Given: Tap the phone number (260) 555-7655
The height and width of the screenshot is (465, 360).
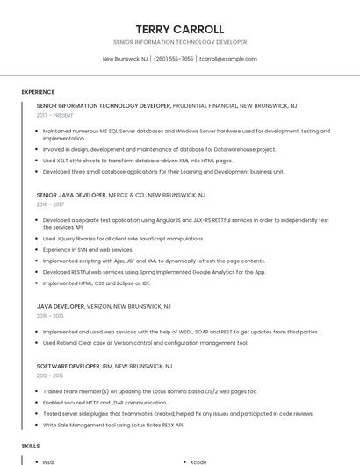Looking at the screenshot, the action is pyautogui.click(x=173, y=59).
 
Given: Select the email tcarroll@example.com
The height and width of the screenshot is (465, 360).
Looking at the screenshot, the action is pyautogui.click(x=227, y=59).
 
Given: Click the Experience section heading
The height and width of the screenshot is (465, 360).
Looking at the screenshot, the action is pyautogui.click(x=38, y=92).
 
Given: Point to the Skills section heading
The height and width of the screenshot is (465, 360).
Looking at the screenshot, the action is pyautogui.click(x=31, y=446).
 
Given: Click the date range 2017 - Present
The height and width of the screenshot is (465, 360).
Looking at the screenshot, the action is pyautogui.click(x=54, y=115).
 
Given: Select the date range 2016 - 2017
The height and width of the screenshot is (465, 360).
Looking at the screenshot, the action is pyautogui.click(x=50, y=204).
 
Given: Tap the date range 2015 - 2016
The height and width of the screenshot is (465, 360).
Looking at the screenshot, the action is pyautogui.click(x=50, y=316).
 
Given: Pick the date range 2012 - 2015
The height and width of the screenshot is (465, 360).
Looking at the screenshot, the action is pyautogui.click(x=50, y=375).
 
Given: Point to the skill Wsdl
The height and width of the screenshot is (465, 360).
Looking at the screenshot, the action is pyautogui.click(x=48, y=461).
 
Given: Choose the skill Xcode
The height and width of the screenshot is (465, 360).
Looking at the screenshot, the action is pyautogui.click(x=198, y=461).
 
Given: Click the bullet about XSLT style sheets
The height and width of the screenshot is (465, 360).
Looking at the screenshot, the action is pyautogui.click(x=137, y=161).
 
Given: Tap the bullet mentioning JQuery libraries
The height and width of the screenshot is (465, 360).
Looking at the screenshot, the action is pyautogui.click(x=123, y=238).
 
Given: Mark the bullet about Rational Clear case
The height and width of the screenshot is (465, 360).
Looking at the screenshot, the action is pyautogui.click(x=145, y=343).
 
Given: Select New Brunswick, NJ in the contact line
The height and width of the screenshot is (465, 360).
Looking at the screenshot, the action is pyautogui.click(x=125, y=59).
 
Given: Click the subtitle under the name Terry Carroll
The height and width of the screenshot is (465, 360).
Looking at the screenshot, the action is pyautogui.click(x=180, y=42).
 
